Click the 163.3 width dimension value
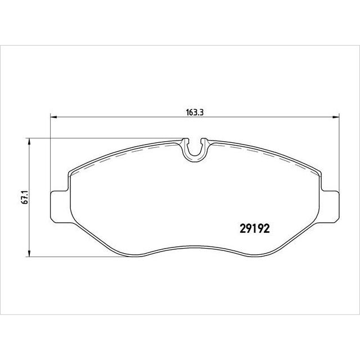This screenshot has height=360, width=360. coord(194,112)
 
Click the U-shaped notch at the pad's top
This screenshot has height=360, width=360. coord(195,148)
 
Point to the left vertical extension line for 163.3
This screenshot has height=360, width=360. coord(51,157)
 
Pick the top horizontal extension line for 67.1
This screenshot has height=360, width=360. coord(101,138)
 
